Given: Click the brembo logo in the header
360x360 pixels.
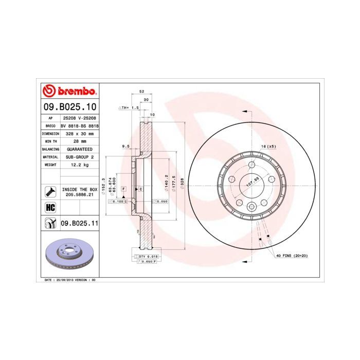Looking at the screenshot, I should (x=69, y=92).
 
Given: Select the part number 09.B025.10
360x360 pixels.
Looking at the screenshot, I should (x=69, y=107).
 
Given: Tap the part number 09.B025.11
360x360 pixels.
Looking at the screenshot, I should (x=79, y=223).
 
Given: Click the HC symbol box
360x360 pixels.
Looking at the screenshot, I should (x=50, y=207).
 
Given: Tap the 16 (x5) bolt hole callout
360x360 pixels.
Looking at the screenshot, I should (x=268, y=147).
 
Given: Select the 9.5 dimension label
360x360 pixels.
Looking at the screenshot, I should (x=125, y=146).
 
